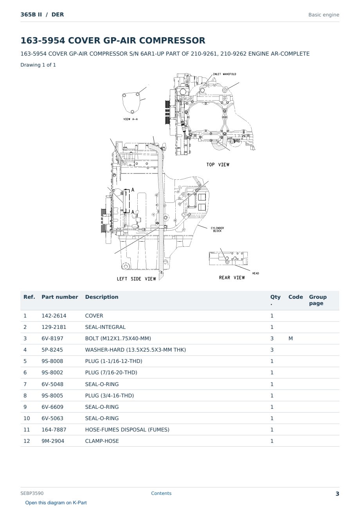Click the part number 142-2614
(x=54, y=316)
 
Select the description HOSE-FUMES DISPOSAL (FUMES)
(x=127, y=430)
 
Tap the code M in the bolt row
(x=290, y=338)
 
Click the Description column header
(x=102, y=297)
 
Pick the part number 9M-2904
(x=53, y=441)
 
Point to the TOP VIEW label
(x=218, y=164)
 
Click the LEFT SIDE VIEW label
(x=136, y=279)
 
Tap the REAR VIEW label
(x=232, y=278)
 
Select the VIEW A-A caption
(x=130, y=119)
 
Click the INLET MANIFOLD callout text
(x=224, y=74)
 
